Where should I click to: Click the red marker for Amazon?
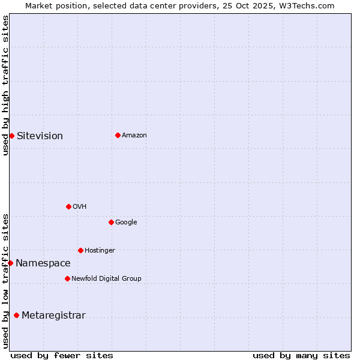point(118,135)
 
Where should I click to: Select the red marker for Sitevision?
point(11,136)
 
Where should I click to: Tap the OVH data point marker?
point(68,206)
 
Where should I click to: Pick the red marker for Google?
point(111,222)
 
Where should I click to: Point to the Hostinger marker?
point(80,250)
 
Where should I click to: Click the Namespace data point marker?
point(10,263)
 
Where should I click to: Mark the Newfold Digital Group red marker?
point(67,278)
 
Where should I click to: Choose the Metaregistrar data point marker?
point(16,315)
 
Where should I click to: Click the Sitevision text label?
point(40,136)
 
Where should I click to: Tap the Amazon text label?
point(134,135)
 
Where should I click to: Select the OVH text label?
point(80,206)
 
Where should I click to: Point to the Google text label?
point(126,222)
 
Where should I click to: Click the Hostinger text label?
point(100,250)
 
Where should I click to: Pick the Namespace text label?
point(43,263)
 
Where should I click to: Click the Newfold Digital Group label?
point(106,278)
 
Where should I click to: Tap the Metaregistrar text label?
point(53,315)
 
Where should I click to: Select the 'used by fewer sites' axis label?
point(62,355)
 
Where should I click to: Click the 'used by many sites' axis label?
point(301,355)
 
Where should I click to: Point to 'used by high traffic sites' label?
point(5,86)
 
